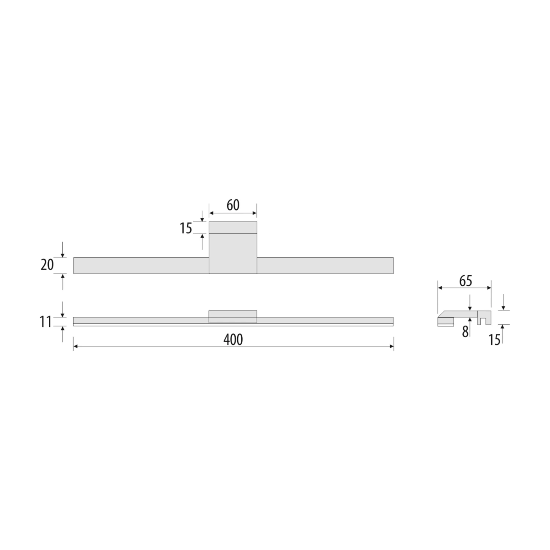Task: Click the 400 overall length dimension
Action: click(x=233, y=340)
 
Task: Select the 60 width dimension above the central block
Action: click(x=233, y=205)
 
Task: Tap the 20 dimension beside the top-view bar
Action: click(x=47, y=264)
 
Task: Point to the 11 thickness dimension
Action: click(x=45, y=322)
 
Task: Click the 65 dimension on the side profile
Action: click(x=465, y=281)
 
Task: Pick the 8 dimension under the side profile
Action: click(x=465, y=332)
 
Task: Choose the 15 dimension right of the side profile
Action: click(x=494, y=340)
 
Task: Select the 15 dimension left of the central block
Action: click(x=186, y=228)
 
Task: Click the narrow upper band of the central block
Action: click(x=233, y=227)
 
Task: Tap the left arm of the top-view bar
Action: click(x=141, y=265)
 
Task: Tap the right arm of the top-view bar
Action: click(x=325, y=265)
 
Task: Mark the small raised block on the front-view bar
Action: click(x=233, y=314)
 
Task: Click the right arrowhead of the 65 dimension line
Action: click(x=489, y=288)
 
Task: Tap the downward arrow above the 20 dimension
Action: click(x=63, y=255)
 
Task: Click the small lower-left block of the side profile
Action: click(x=445, y=322)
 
